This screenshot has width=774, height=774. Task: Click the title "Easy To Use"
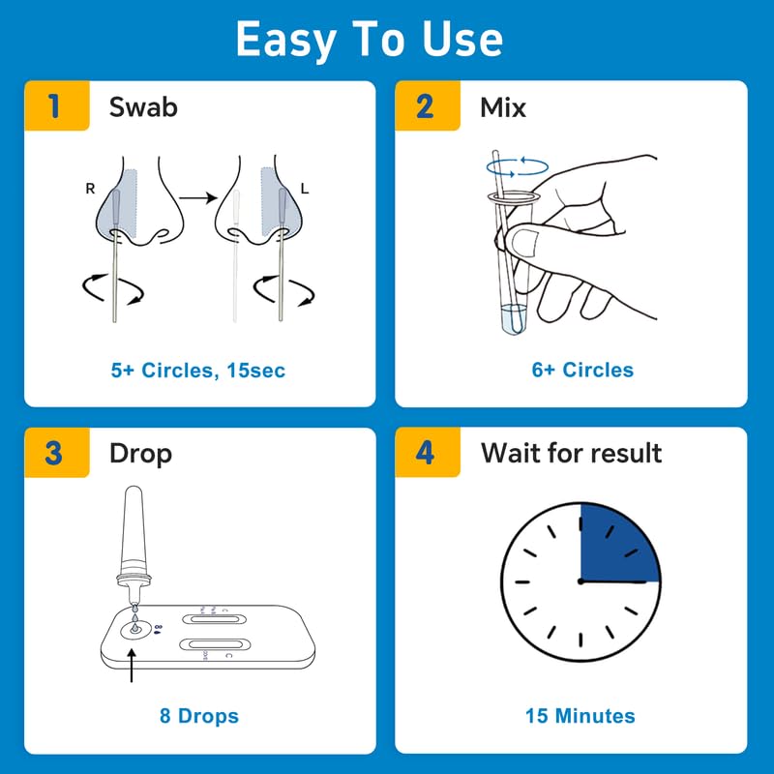coord(369,40)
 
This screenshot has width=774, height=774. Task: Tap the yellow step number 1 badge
coord(54,105)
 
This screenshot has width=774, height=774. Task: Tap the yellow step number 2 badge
coord(426,105)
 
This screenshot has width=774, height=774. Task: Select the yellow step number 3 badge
coord(54,453)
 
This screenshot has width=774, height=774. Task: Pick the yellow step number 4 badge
coord(426,453)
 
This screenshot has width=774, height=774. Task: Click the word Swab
coord(143,106)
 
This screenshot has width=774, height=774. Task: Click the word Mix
coord(503,106)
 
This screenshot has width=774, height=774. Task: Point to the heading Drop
coord(140,453)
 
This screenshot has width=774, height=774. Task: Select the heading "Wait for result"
coord(571,453)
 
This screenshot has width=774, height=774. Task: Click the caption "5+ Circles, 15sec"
coord(198,370)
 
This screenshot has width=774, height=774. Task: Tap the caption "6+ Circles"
coord(582,370)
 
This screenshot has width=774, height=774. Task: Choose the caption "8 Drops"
coord(198,716)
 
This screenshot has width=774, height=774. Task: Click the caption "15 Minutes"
coord(580,716)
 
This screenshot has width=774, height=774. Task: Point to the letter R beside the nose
coord(90,189)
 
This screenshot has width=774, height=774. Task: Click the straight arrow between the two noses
coord(197,197)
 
